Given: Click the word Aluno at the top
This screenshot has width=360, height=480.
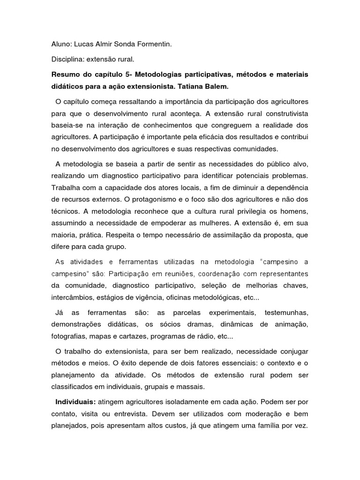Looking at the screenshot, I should click(61, 45).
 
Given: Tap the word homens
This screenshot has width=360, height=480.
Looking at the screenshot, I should click(294, 211).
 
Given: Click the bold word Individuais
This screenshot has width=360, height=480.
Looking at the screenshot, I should click(75, 402).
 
